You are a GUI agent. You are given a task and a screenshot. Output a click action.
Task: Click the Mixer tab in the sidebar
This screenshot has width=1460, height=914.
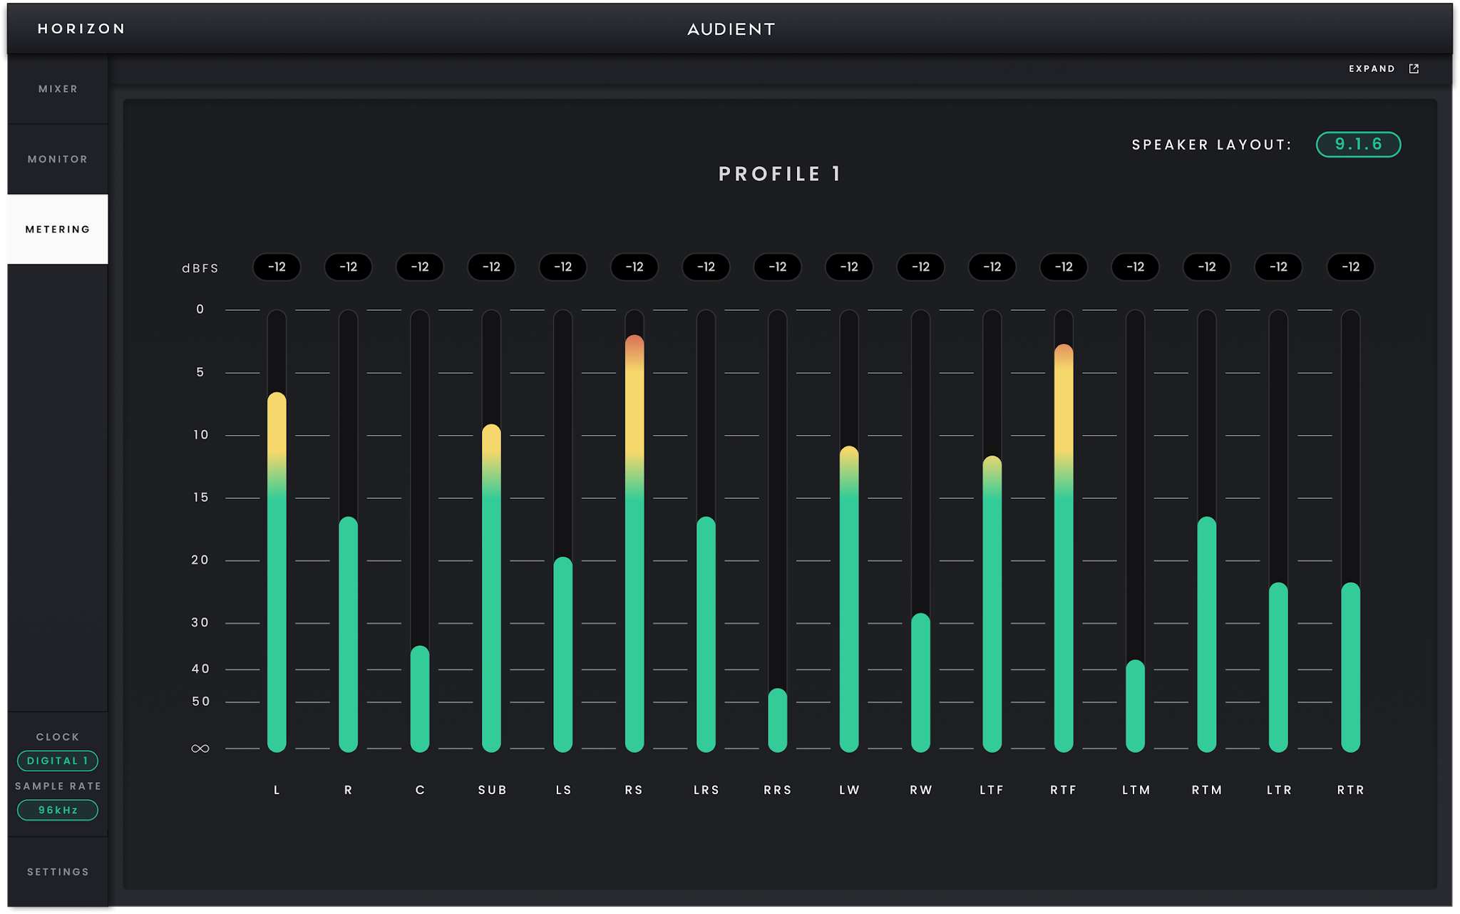click(x=58, y=89)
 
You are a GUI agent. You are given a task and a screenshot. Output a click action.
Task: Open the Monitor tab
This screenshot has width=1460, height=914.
click(x=58, y=159)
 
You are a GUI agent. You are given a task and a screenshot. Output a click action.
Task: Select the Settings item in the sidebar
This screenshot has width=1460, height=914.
click(x=58, y=872)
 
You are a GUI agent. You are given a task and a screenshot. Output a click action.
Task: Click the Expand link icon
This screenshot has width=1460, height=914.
click(x=1414, y=68)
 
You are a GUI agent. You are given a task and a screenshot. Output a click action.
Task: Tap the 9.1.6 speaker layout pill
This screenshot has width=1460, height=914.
click(x=1358, y=144)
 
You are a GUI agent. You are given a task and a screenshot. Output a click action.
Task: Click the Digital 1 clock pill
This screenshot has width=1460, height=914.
click(x=58, y=761)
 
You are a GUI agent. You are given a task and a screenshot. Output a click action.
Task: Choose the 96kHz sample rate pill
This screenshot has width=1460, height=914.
click(x=58, y=810)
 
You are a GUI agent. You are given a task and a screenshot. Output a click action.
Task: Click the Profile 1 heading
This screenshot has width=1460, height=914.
click(x=780, y=174)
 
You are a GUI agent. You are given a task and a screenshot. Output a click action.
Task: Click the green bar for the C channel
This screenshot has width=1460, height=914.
click(x=420, y=699)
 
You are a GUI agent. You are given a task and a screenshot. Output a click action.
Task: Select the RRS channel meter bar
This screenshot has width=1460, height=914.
click(x=778, y=720)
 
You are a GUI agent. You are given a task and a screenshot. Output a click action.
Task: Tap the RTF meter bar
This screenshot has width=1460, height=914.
click(x=1064, y=548)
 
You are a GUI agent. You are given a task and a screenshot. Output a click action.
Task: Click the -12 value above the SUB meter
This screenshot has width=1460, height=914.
click(x=491, y=267)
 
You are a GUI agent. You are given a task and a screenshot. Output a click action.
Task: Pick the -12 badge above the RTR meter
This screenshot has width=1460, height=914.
click(x=1350, y=267)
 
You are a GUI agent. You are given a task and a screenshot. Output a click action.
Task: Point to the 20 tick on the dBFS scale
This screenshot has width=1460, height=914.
click(x=200, y=560)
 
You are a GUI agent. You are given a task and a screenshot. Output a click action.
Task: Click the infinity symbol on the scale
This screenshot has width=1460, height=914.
click(x=200, y=749)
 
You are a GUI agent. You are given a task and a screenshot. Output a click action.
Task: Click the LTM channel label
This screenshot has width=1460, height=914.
click(x=1136, y=790)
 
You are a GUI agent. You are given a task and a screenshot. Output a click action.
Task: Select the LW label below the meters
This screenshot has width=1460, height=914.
click(x=849, y=790)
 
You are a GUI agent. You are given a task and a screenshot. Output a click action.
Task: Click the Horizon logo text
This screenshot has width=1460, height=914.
click(x=81, y=29)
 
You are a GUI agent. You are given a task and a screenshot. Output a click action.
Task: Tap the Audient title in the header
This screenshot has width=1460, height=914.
click(x=731, y=29)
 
